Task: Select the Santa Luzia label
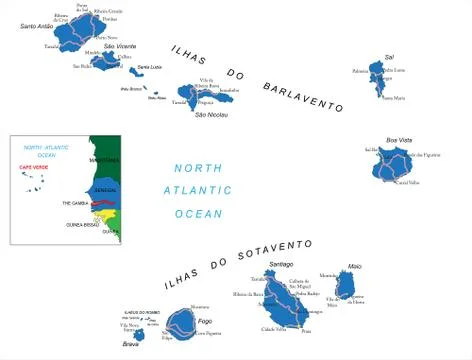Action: pos(163,66)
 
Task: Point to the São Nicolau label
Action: pos(207,114)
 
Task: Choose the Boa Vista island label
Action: pos(399,140)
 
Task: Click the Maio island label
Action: pos(354,266)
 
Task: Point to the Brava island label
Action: pos(131,345)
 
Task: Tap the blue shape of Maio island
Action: pos(346,287)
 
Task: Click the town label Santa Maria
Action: pos(393,98)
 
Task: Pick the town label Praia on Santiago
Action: pos(306,331)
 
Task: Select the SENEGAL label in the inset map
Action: pos(104,188)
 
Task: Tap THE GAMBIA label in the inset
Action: pos(76,202)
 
